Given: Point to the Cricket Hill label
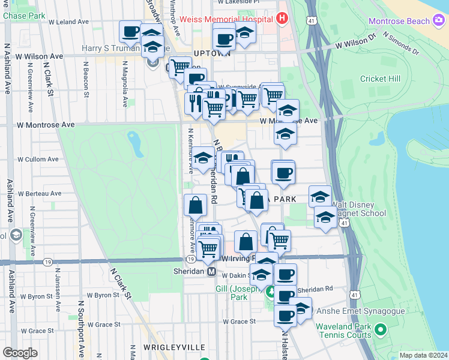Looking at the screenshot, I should click(x=380, y=79).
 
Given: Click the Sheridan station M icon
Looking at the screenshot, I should click(x=211, y=272).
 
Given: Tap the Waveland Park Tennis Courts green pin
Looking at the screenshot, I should click(x=380, y=329).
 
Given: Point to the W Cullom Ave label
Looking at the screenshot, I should click(x=38, y=159).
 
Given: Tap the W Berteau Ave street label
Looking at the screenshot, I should click(x=40, y=194).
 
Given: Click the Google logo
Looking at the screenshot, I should click(x=20, y=353).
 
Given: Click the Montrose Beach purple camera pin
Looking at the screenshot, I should click(x=439, y=21).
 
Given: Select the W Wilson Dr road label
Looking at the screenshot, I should click(x=355, y=44).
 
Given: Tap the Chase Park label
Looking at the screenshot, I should click(x=24, y=15).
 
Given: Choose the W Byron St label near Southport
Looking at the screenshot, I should click(x=98, y=295).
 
